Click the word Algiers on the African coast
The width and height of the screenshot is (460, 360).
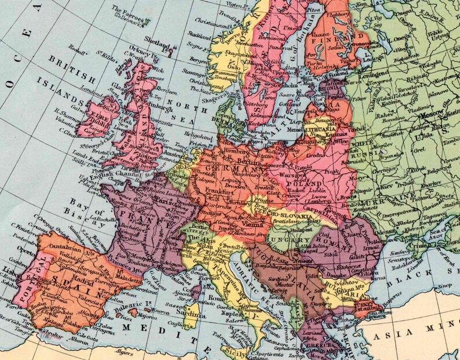click(x=125, y=351)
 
